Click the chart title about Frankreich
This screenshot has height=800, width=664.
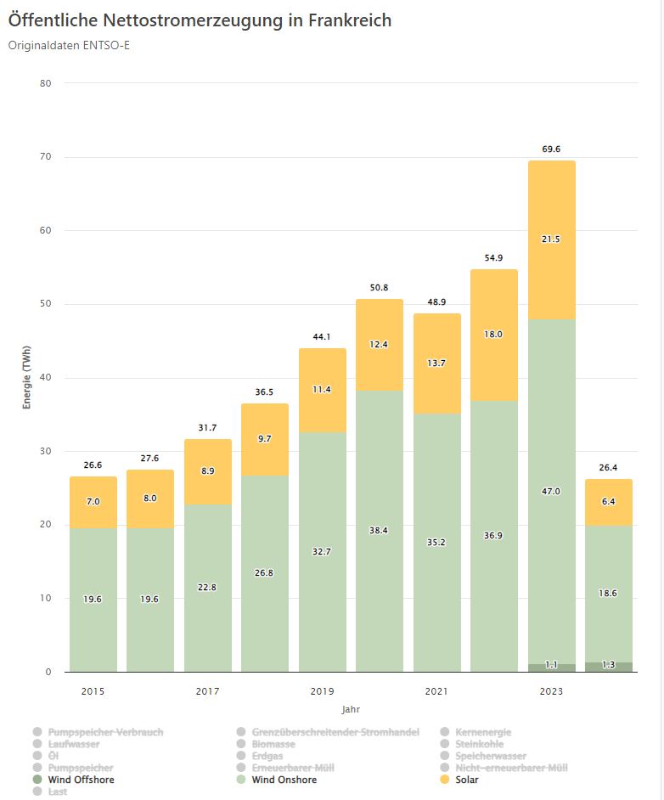pos(200,20)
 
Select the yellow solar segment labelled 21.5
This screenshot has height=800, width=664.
pos(551,239)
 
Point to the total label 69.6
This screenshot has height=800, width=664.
pos(551,149)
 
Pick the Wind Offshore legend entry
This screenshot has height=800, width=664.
pos(81,780)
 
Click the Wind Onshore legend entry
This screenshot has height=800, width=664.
pos(284,780)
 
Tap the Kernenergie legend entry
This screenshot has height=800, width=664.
pos(483,732)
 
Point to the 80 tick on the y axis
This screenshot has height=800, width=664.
pos(45,83)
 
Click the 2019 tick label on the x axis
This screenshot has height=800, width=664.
pos(322,691)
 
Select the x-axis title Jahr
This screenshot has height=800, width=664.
pos(352,709)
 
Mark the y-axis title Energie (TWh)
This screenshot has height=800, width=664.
pos(26,377)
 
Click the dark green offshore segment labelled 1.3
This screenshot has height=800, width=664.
pos(608,666)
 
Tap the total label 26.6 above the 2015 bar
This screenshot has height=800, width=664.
pos(93,465)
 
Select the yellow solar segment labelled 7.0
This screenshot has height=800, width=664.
pos(93,502)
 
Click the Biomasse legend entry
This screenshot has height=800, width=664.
pos(273,744)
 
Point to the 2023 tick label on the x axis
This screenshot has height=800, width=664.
pos(551,691)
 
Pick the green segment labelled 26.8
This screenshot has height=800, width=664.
pos(265,573)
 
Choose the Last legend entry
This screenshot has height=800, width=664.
pos(57,792)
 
